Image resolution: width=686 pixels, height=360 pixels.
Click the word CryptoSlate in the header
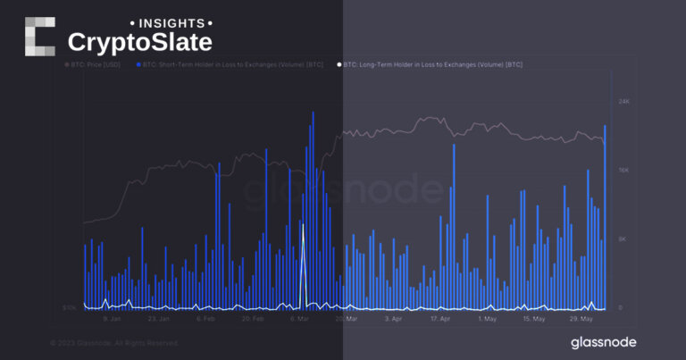coord(140,41)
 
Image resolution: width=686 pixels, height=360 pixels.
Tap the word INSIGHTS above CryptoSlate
coord(171,21)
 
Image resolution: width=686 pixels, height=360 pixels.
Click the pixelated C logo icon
coord(39,37)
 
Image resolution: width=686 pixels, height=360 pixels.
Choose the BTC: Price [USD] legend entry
coord(96,64)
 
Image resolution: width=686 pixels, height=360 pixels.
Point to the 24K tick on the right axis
coord(624,102)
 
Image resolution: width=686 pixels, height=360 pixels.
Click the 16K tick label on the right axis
coord(624,170)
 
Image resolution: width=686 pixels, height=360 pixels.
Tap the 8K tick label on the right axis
coord(624,239)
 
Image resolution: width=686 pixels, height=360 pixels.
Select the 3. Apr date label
coord(393,317)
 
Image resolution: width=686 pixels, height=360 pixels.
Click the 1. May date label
coord(488,317)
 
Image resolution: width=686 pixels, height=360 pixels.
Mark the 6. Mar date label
coord(300,317)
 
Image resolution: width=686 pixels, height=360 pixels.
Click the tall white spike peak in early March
coord(303,226)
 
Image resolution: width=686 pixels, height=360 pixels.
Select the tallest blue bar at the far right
coord(606,127)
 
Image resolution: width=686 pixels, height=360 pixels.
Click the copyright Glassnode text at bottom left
coord(114,343)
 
